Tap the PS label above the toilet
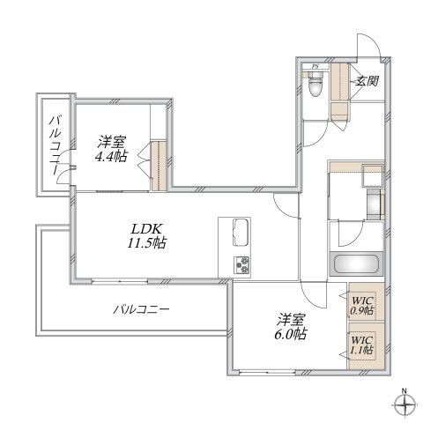[x=315, y=66]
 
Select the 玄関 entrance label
[x=367, y=80]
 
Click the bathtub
[x=357, y=264]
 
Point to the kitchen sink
[x=241, y=232]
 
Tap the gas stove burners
[x=241, y=264]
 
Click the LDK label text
[x=146, y=228]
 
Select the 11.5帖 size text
[x=146, y=243]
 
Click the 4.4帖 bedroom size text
[x=111, y=156]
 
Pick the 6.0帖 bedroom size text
[x=291, y=334]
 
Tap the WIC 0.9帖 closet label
[x=363, y=305]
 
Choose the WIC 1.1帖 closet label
[x=362, y=345]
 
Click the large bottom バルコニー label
[x=142, y=309]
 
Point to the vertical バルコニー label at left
[x=56, y=145]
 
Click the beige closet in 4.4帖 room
[x=159, y=166]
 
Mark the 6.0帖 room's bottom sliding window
[x=267, y=373]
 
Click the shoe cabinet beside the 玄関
[x=340, y=82]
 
